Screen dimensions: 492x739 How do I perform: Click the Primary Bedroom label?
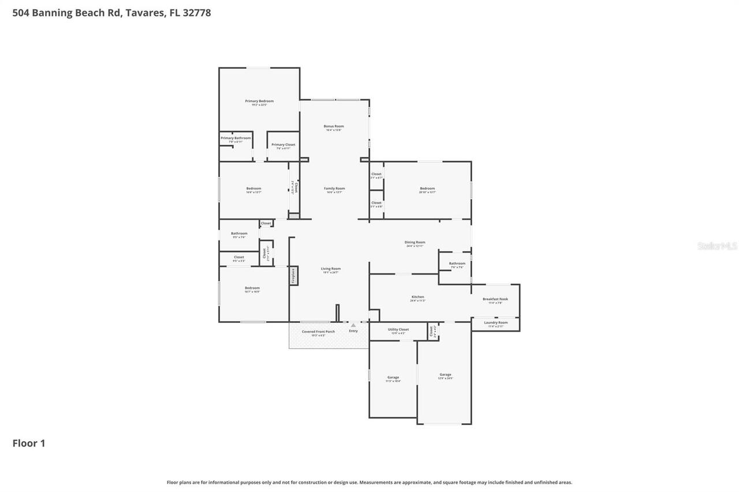[x=259, y=102]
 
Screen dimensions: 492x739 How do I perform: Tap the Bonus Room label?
[x=334, y=126]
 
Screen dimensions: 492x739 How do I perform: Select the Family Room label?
[x=334, y=189]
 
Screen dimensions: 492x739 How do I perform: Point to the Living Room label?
[x=331, y=269]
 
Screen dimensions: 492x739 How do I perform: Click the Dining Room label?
[x=416, y=243]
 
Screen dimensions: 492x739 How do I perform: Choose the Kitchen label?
[x=417, y=297]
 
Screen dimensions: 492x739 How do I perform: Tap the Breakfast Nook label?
[x=495, y=299]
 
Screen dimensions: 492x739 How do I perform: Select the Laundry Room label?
[x=495, y=322]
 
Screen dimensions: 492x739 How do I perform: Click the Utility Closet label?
[x=398, y=329]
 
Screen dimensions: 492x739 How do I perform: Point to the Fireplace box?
[x=293, y=276]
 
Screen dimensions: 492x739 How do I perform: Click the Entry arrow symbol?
[x=353, y=325]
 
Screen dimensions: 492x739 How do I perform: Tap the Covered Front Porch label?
[x=318, y=332]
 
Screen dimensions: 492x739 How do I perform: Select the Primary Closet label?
[x=283, y=145]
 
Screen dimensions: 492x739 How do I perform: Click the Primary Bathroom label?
[x=236, y=138]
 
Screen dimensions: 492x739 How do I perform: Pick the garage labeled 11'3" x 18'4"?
[x=393, y=378]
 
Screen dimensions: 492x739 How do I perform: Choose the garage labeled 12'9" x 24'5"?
[x=445, y=375]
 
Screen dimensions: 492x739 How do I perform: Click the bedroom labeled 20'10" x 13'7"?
[x=427, y=189]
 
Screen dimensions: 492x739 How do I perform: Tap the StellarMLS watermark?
[x=717, y=246]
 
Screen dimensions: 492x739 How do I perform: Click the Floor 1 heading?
[x=29, y=443]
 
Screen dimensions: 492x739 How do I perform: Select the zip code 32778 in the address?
[x=196, y=13]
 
